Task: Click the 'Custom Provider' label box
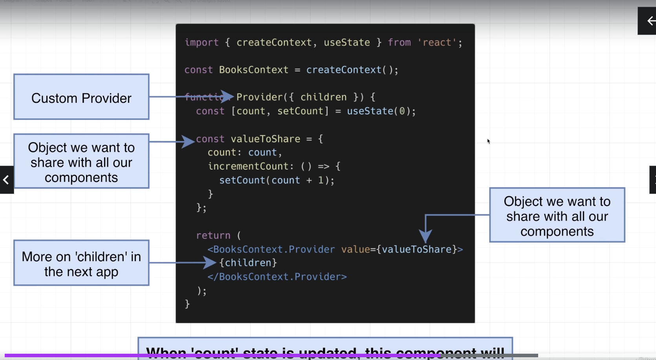pos(81,97)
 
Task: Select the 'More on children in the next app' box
pos(81,263)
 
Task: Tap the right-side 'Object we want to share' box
pos(557,215)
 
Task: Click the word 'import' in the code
pos(202,42)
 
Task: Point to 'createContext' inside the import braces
pos(274,42)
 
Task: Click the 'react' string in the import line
pos(437,42)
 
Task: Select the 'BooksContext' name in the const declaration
pos(253,70)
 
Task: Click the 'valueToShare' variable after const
pos(265,139)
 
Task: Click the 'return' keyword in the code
pos(213,236)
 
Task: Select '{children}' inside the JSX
pos(248,263)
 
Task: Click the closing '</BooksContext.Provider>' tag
pos(277,277)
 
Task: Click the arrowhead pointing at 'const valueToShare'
pos(188,141)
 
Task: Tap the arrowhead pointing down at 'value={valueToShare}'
pos(425,236)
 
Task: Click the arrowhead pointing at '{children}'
pos(210,263)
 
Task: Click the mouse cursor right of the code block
pos(489,141)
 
